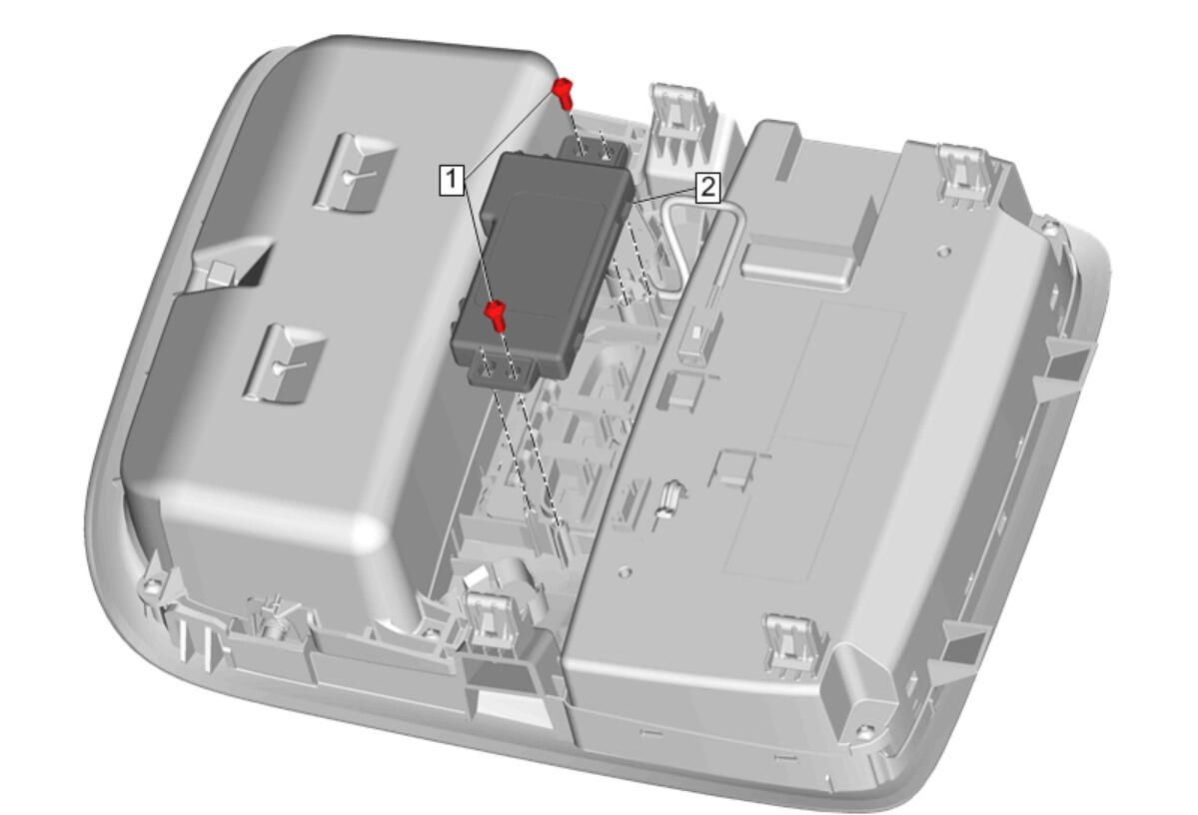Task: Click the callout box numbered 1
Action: tap(453, 180)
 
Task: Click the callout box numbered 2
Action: tap(707, 187)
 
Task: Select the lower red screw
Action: tap(496, 315)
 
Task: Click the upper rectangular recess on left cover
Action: tap(354, 173)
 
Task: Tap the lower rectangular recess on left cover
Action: tap(284, 364)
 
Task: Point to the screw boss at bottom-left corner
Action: tap(153, 586)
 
